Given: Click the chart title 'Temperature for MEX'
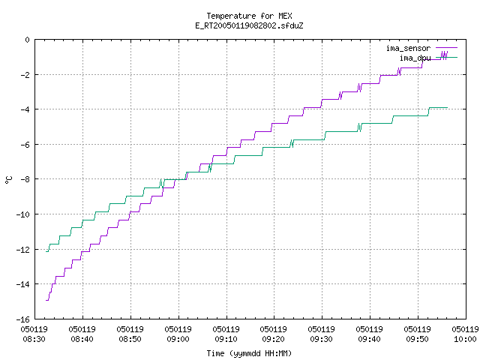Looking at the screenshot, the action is tap(249, 16).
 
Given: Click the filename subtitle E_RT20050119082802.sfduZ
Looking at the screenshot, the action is tap(249, 25).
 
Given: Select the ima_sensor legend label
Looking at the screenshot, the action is tap(408, 48).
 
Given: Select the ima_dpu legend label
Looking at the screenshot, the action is tap(415, 58).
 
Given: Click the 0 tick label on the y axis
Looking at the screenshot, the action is tap(28, 40).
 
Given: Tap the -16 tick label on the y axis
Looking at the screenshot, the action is tap(23, 319).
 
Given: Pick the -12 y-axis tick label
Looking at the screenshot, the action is tap(23, 250).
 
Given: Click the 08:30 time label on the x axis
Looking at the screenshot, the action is tap(34, 339).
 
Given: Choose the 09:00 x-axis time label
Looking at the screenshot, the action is tap(178, 339).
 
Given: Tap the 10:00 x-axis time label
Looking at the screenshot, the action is tap(465, 339).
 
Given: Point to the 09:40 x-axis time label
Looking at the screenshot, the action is tap(370, 339).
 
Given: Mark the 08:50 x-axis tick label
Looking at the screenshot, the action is tap(130, 339).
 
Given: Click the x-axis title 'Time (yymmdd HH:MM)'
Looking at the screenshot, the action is tap(249, 353).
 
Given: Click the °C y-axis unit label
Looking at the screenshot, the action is tap(8, 180).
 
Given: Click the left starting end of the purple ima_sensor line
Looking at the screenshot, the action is tap(46, 300).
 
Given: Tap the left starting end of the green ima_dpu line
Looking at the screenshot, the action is tap(46, 252).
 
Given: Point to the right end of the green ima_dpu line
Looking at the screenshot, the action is tap(448, 108).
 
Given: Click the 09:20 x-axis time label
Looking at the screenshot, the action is tap(273, 339).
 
